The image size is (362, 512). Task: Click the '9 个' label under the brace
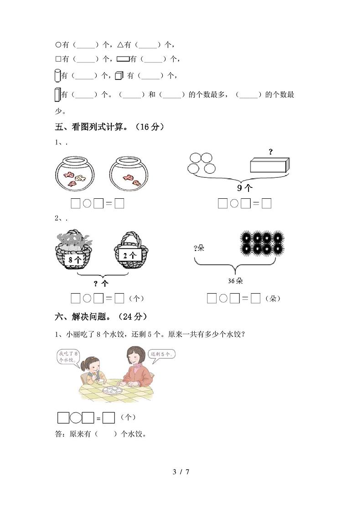pos(245,187)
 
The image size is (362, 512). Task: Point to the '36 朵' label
pos(236,281)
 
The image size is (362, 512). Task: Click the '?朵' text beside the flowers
pos(199,248)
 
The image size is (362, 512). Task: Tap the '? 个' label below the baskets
pos(101,283)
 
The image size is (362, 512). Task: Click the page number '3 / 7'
pos(181,471)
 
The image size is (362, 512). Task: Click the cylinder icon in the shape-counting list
pos(57,75)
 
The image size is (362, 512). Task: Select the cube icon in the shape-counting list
pos(119,76)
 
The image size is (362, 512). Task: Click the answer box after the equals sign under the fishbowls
pos(119,204)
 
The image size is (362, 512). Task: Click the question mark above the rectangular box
pos(270,152)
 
